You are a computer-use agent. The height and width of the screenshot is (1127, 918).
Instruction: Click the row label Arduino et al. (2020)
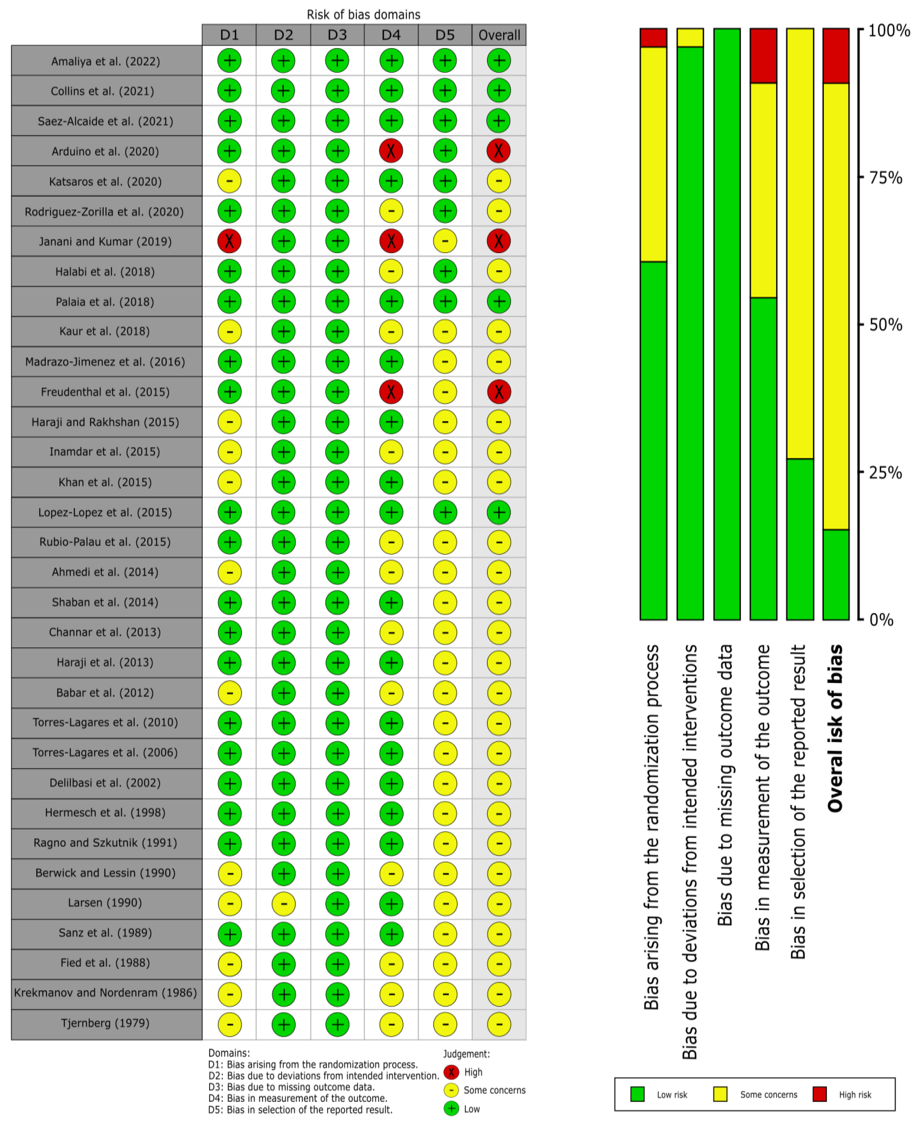pyautogui.click(x=105, y=151)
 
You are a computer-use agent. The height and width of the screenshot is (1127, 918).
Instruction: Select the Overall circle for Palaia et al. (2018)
pyautogui.click(x=499, y=301)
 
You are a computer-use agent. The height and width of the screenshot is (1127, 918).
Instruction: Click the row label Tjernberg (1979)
pyautogui.click(x=105, y=1023)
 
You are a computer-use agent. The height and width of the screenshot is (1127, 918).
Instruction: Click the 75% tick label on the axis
pyautogui.click(x=885, y=178)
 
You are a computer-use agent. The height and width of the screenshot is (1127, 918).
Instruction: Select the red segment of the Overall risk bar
pyautogui.click(x=836, y=55)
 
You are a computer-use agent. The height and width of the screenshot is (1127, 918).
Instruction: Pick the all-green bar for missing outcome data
pyautogui.click(x=727, y=324)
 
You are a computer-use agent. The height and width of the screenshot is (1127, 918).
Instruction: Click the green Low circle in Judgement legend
pyautogui.click(x=451, y=1108)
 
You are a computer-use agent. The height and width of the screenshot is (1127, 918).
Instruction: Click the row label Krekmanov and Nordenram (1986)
pyautogui.click(x=105, y=993)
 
